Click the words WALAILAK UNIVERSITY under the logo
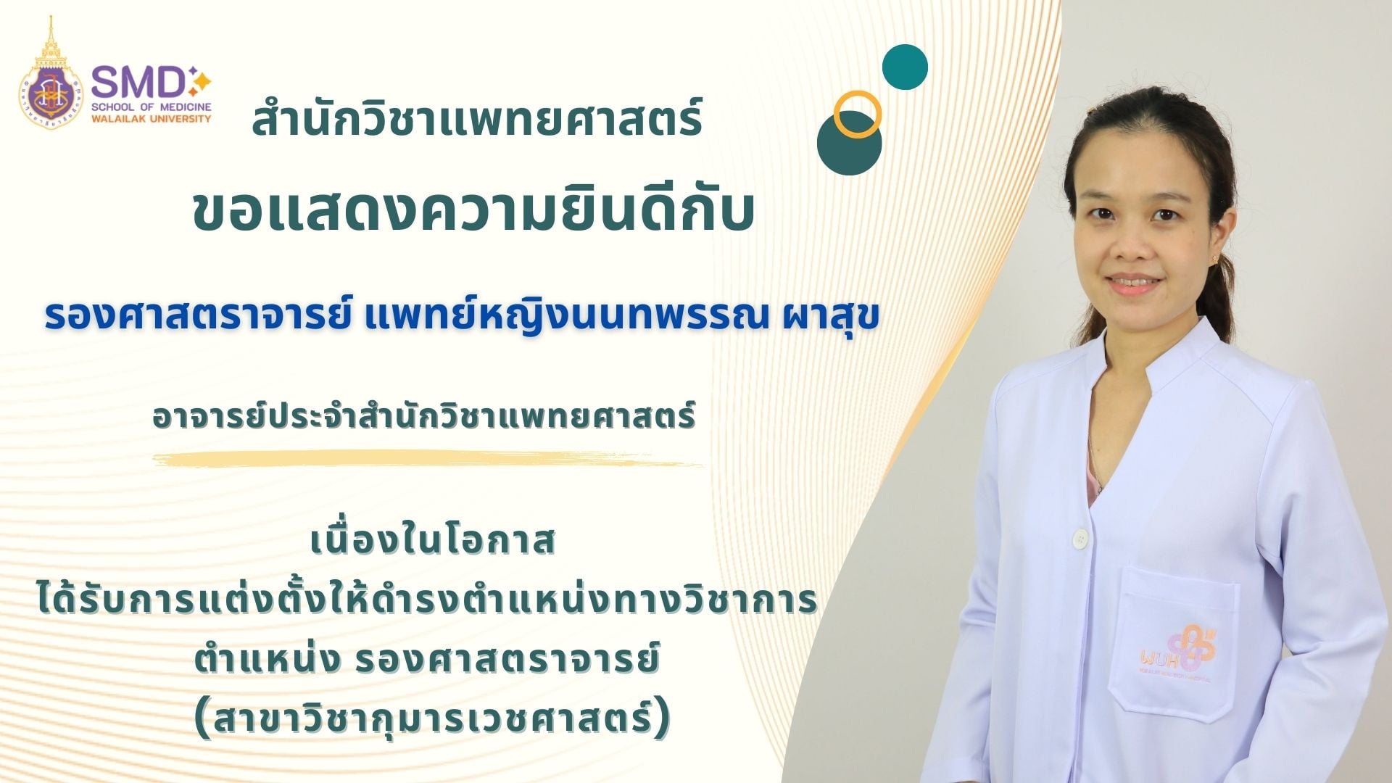152,118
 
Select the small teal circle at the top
905,67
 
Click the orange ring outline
857,115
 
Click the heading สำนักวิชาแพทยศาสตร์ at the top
476,120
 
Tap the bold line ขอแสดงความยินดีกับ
474,212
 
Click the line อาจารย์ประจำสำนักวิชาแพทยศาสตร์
424,417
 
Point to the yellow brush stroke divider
428,460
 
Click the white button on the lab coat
1081,538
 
